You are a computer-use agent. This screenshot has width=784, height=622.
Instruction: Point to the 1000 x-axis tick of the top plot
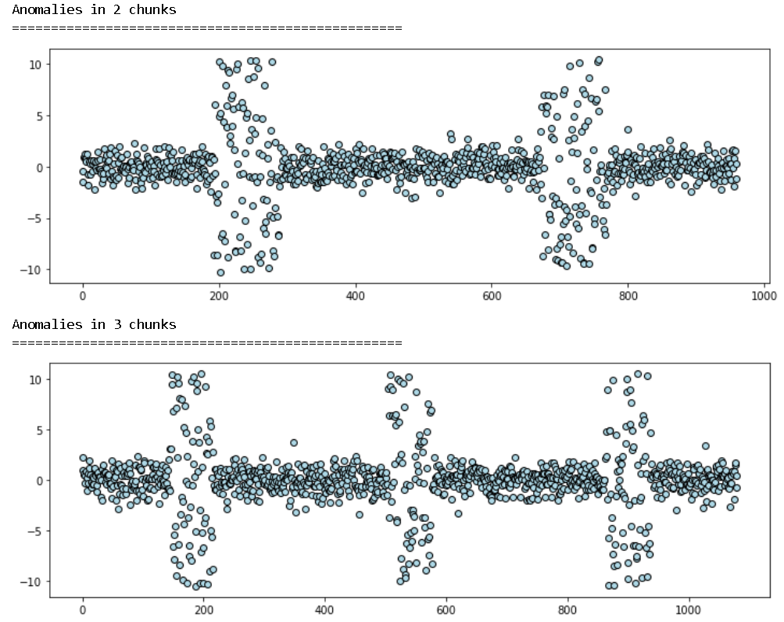pyautogui.click(x=764, y=296)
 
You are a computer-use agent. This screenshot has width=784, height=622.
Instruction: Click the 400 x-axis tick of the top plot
pyautogui.click(x=356, y=296)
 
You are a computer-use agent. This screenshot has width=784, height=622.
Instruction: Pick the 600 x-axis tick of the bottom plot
pyautogui.click(x=446, y=610)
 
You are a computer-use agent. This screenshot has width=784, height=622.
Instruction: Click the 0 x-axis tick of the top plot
pyautogui.click(x=83, y=296)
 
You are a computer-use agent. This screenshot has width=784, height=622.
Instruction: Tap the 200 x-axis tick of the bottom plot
pyautogui.click(x=204, y=610)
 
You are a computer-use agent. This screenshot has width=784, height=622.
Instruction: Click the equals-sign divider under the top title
pyautogui.click(x=207, y=28)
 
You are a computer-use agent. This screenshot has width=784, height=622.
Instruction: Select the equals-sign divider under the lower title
pyautogui.click(x=207, y=342)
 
